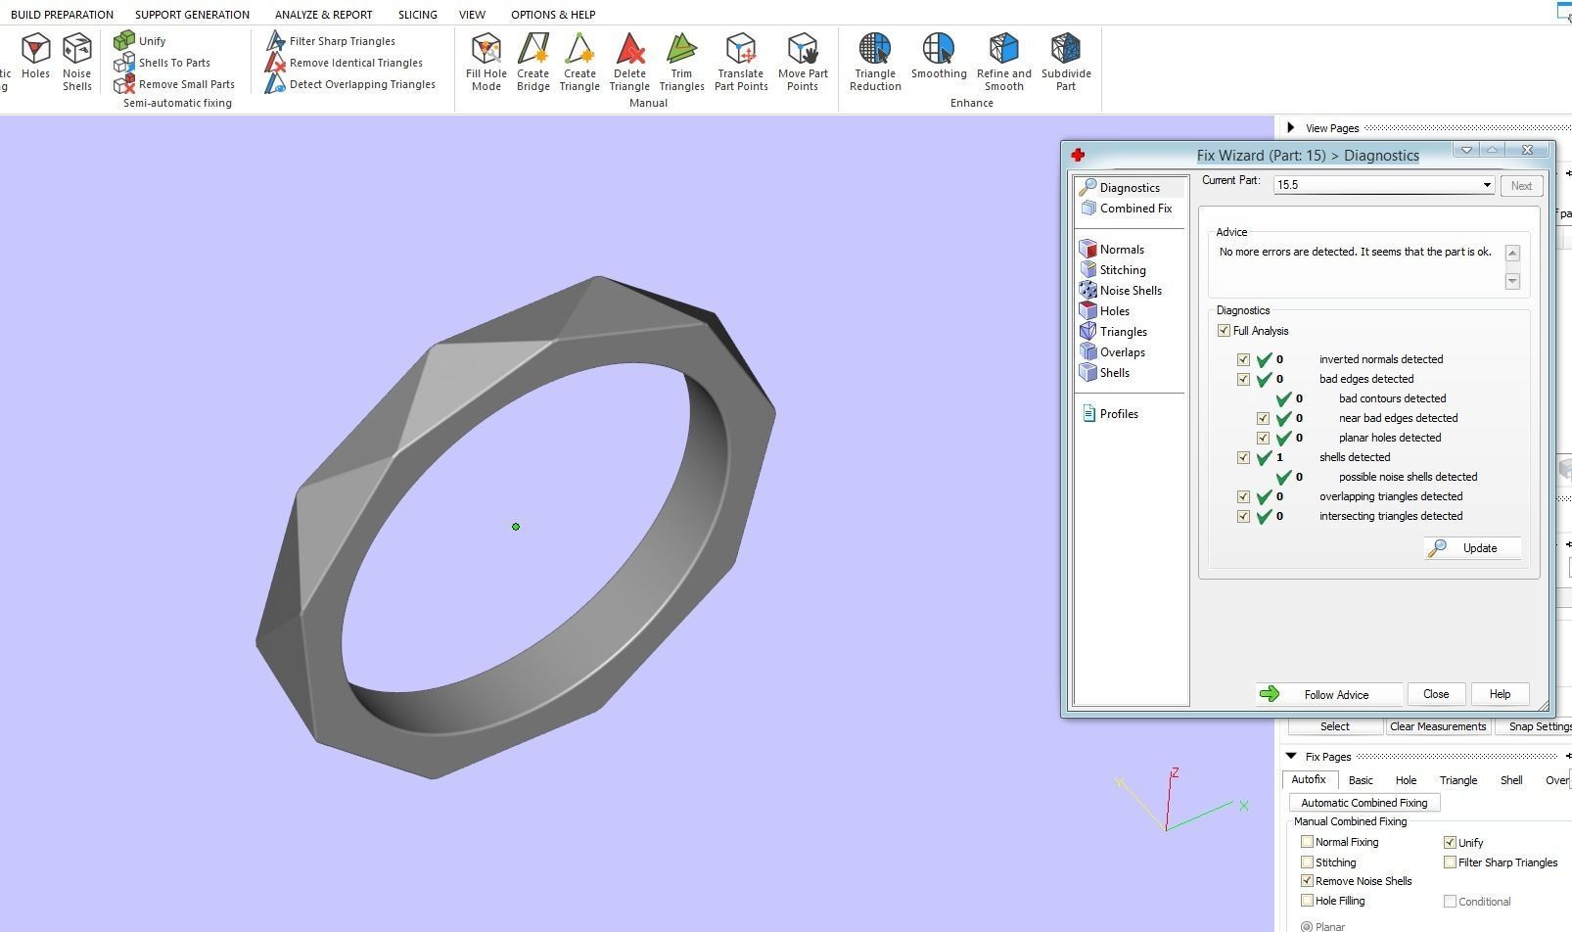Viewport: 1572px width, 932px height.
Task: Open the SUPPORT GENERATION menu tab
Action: point(192,15)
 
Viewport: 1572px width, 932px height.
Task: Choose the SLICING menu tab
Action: point(417,15)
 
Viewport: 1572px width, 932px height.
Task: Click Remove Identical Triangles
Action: point(355,63)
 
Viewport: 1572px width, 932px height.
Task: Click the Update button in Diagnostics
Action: point(1473,548)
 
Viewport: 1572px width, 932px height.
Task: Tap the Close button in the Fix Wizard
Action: point(1435,694)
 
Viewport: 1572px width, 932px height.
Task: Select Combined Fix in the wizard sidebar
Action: point(1134,209)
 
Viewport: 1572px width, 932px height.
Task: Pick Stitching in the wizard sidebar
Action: point(1122,270)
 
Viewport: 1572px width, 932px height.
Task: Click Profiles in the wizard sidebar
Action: point(1118,414)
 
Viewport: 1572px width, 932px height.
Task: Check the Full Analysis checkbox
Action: point(1224,331)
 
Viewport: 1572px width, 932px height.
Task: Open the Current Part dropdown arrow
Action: point(1486,185)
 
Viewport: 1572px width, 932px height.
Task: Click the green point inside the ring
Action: point(516,527)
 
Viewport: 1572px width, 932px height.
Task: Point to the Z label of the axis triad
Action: point(1175,773)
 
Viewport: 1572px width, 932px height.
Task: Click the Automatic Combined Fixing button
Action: point(1364,803)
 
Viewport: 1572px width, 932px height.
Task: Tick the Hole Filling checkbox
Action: point(1307,901)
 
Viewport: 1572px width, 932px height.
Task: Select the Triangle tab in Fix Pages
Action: point(1457,780)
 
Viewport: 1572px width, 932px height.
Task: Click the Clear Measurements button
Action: point(1437,726)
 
